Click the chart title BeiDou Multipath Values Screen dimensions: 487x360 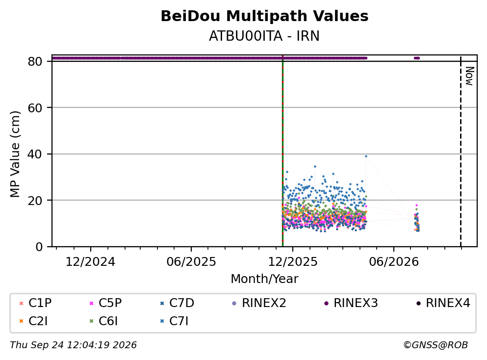[264, 16]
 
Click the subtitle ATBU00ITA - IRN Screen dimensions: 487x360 [264, 36]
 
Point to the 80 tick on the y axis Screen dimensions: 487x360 [35, 61]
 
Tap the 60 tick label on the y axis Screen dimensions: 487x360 [35, 108]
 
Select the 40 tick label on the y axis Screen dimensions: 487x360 [35, 154]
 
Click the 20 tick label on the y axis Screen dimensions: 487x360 [35, 200]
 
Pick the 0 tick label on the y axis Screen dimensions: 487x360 [39, 247]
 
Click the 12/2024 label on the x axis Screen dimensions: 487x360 [90, 262]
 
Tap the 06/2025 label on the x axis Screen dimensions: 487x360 [191, 262]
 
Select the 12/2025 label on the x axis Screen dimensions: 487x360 [293, 262]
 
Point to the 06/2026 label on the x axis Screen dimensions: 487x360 [394, 262]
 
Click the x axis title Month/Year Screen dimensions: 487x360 [264, 279]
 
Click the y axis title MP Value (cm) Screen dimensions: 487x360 [15, 154]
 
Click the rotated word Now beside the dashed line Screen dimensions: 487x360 [470, 76]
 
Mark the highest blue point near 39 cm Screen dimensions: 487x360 [366, 156]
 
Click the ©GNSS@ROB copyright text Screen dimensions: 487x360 [436, 345]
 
